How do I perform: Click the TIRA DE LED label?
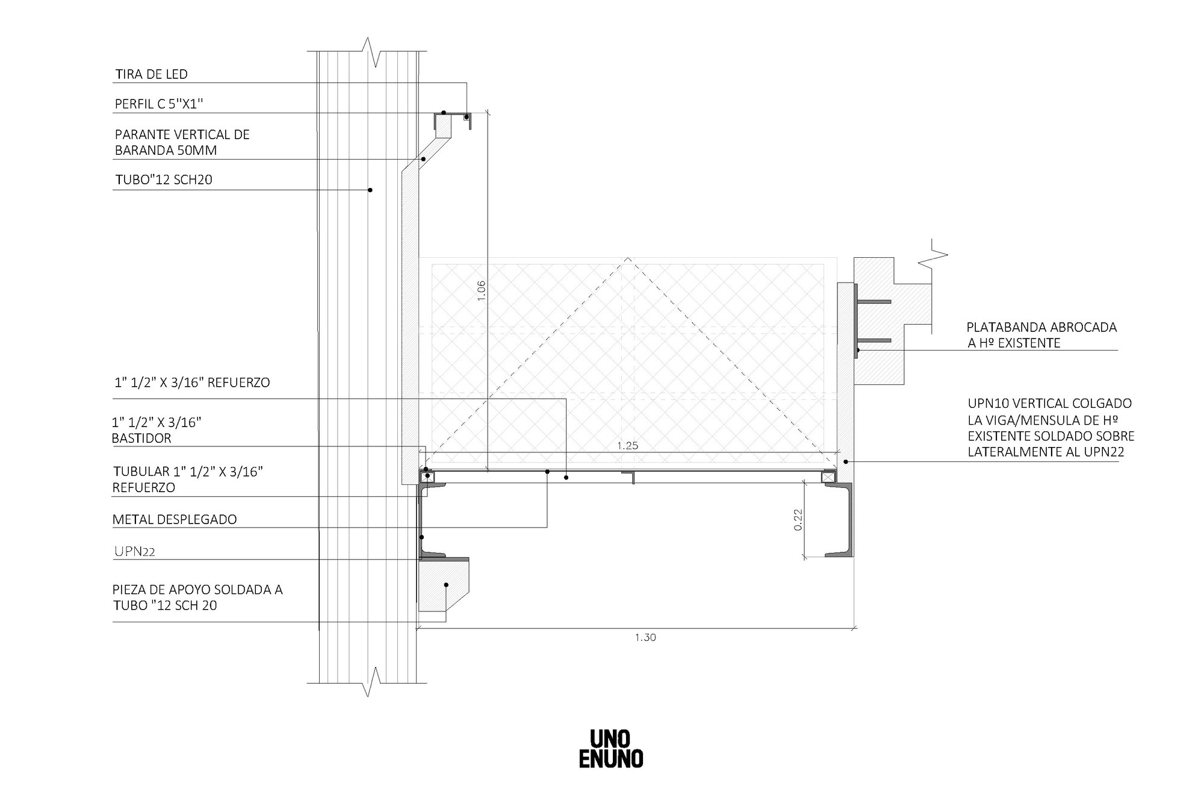tap(151, 74)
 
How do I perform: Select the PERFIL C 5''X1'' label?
tap(159, 104)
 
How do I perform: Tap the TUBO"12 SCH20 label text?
tap(163, 180)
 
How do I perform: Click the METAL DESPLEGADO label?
tap(175, 519)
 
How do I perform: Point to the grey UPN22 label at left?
tap(135, 551)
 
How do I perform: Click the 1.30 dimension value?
tap(645, 637)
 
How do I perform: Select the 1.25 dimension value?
tap(627, 446)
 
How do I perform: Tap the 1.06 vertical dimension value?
tap(480, 290)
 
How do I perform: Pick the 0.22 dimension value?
tap(798, 520)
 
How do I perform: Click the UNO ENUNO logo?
tap(610, 749)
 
